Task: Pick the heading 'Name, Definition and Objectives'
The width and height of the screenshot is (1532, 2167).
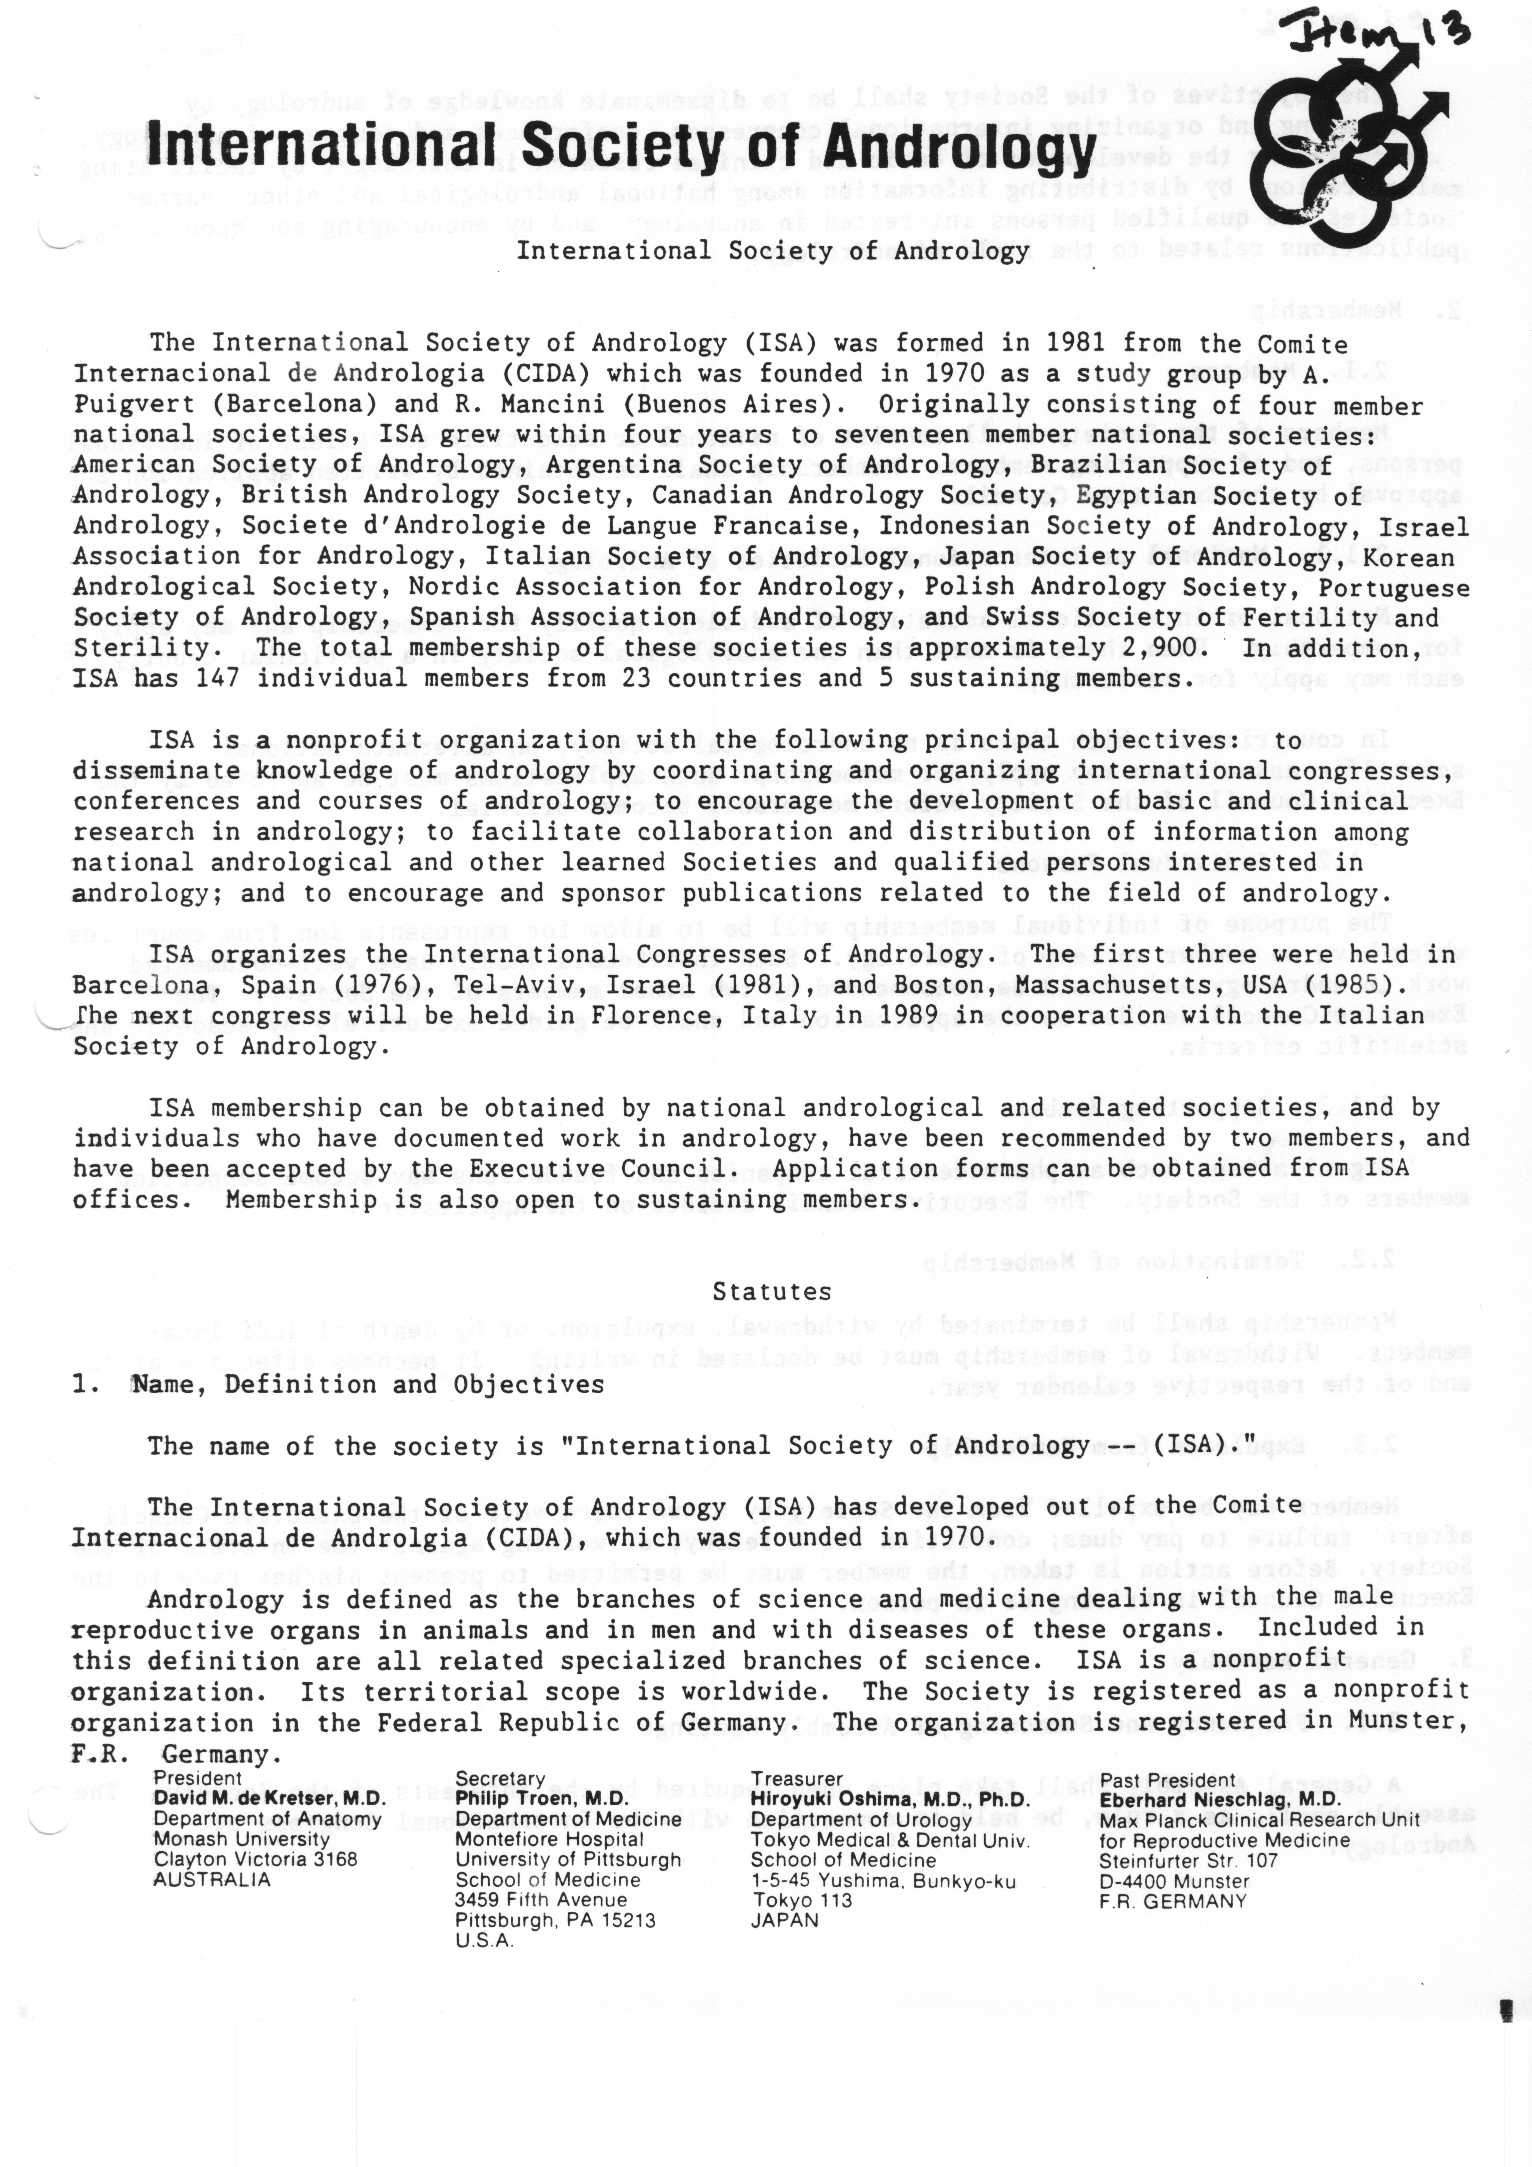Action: tap(367, 1385)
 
